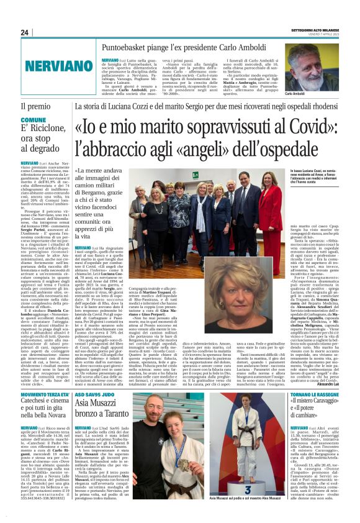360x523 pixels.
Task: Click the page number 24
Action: point(24,32)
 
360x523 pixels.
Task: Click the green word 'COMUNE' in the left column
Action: point(34,120)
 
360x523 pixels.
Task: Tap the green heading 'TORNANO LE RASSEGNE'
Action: point(328,412)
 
